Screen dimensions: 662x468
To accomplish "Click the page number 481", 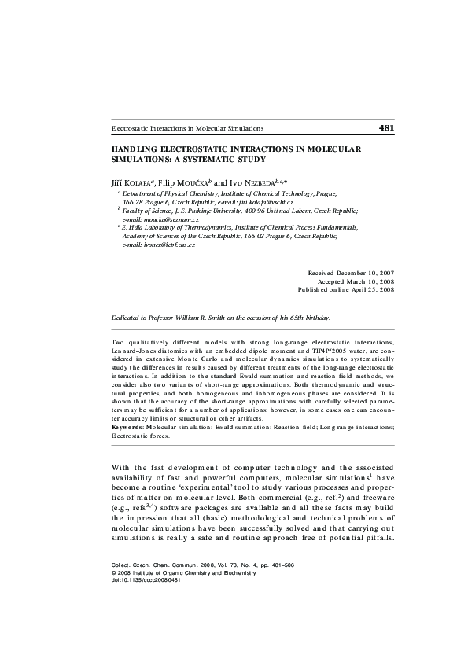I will click(386, 127).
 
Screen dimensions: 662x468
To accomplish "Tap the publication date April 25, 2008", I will click(372, 289).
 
